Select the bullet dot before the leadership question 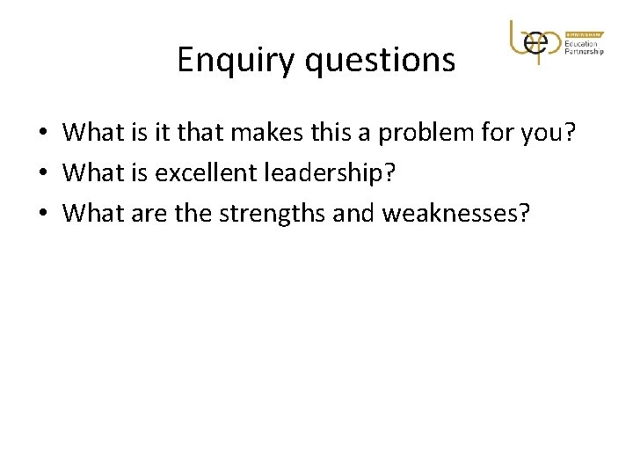[x=41, y=172]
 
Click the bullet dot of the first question [x=41, y=134]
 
